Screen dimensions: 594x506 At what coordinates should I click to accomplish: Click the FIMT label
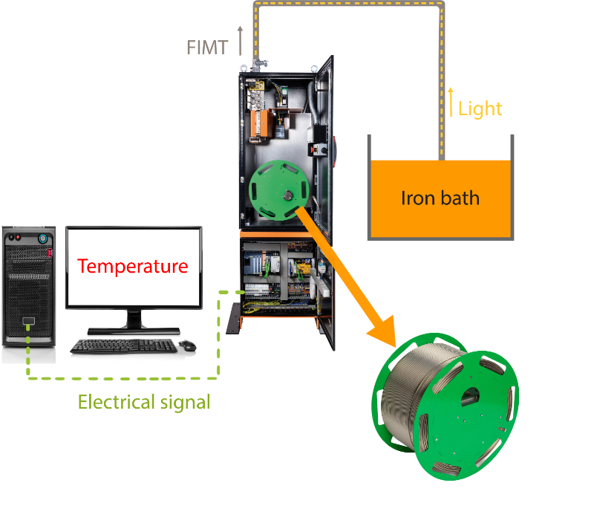click(x=207, y=48)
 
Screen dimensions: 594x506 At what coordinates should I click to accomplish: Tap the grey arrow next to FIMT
click(x=240, y=41)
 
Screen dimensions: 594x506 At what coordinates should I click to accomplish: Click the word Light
click(x=480, y=109)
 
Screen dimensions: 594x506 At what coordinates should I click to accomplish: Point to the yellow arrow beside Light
click(x=451, y=102)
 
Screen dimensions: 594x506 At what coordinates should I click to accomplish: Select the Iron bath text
click(x=440, y=198)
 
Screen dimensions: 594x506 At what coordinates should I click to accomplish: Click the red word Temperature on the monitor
click(x=133, y=266)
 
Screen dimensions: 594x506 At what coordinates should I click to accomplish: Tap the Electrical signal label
click(x=144, y=402)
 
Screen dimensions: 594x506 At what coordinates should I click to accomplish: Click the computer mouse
click(x=188, y=345)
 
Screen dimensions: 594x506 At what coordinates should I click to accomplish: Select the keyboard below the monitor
click(x=124, y=346)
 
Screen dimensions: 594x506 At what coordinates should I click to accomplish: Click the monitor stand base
click(x=134, y=331)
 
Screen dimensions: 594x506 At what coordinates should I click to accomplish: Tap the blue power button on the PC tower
click(x=43, y=239)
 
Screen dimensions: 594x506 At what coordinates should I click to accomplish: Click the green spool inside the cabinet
click(x=279, y=190)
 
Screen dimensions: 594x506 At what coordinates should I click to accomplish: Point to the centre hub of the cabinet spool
click(x=288, y=195)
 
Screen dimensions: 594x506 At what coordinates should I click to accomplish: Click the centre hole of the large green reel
click(x=470, y=397)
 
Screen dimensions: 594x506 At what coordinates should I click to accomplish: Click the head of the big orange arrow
click(x=382, y=332)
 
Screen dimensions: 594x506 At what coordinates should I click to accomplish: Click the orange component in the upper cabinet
click(x=262, y=123)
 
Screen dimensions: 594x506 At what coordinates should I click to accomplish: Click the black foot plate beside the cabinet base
click(x=233, y=318)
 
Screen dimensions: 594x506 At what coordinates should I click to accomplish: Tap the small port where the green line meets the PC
click(x=28, y=321)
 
